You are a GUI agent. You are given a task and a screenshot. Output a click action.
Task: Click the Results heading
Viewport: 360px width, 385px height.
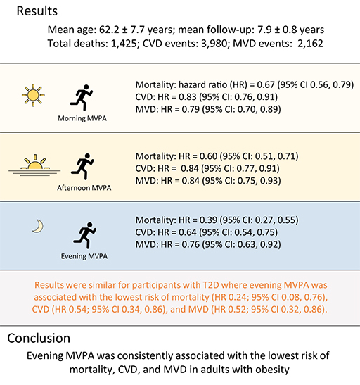(x=37, y=11)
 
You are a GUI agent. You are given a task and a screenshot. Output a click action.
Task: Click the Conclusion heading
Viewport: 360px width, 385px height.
(x=39, y=338)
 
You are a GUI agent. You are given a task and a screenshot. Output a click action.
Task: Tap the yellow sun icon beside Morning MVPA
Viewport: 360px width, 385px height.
(x=33, y=95)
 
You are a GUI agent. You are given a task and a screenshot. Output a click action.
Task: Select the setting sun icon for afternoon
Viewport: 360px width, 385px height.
(x=34, y=165)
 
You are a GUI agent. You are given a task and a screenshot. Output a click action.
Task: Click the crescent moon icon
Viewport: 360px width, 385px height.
(x=39, y=226)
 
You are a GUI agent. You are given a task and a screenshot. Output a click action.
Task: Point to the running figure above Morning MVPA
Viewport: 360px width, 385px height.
(x=82, y=98)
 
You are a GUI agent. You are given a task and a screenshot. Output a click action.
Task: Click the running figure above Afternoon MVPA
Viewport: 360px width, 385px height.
(x=83, y=167)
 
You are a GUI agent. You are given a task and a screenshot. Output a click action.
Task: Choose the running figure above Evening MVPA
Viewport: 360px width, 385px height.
(x=85, y=236)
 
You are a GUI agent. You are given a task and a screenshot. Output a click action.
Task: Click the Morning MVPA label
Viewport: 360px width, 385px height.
(x=82, y=118)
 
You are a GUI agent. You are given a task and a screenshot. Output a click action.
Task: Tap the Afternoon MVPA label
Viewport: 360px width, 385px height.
(x=84, y=188)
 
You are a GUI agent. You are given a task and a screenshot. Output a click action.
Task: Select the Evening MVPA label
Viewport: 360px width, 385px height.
(x=84, y=256)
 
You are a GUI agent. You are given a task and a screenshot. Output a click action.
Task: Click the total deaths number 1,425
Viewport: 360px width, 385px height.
(x=124, y=44)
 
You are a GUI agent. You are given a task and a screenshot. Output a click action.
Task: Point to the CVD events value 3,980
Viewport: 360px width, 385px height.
(x=214, y=44)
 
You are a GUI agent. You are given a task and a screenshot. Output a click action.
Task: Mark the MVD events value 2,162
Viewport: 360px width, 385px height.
(x=310, y=44)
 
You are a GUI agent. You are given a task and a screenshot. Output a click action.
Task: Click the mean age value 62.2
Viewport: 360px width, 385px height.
(x=109, y=30)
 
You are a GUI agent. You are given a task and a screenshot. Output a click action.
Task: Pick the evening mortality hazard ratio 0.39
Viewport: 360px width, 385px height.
(x=208, y=220)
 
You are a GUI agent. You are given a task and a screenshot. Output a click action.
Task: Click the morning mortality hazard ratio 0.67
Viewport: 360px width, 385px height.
(x=266, y=85)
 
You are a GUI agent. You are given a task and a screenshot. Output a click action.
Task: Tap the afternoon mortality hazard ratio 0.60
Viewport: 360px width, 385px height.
(x=208, y=156)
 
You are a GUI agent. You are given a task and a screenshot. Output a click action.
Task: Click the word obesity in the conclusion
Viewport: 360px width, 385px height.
(x=273, y=370)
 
